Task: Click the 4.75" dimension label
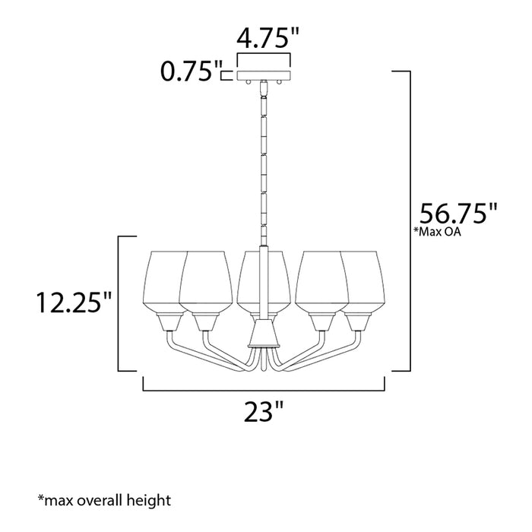click(264, 39)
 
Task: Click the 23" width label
click(265, 415)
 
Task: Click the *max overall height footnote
click(104, 500)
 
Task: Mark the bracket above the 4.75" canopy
click(264, 57)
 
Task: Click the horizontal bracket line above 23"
click(265, 389)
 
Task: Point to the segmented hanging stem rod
click(264, 160)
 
